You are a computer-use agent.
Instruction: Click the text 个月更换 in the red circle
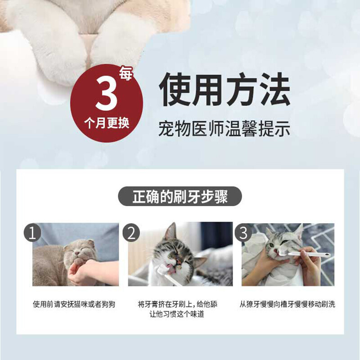click(107, 123)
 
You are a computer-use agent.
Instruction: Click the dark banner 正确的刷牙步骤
click(180, 197)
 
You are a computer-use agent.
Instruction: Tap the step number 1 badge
click(32, 233)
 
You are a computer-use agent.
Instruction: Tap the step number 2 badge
click(131, 233)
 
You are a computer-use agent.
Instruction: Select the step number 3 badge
click(243, 233)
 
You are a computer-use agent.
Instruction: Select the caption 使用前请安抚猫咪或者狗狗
click(74, 304)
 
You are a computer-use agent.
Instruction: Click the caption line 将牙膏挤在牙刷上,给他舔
click(180, 304)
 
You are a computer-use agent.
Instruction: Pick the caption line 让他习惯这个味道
click(180, 315)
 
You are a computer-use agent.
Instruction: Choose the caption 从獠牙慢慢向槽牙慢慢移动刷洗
click(288, 304)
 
